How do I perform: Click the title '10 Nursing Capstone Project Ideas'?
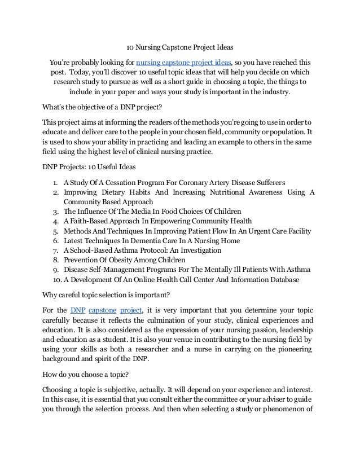(x=180, y=47)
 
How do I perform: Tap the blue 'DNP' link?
(x=78, y=309)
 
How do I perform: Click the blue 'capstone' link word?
(x=102, y=309)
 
